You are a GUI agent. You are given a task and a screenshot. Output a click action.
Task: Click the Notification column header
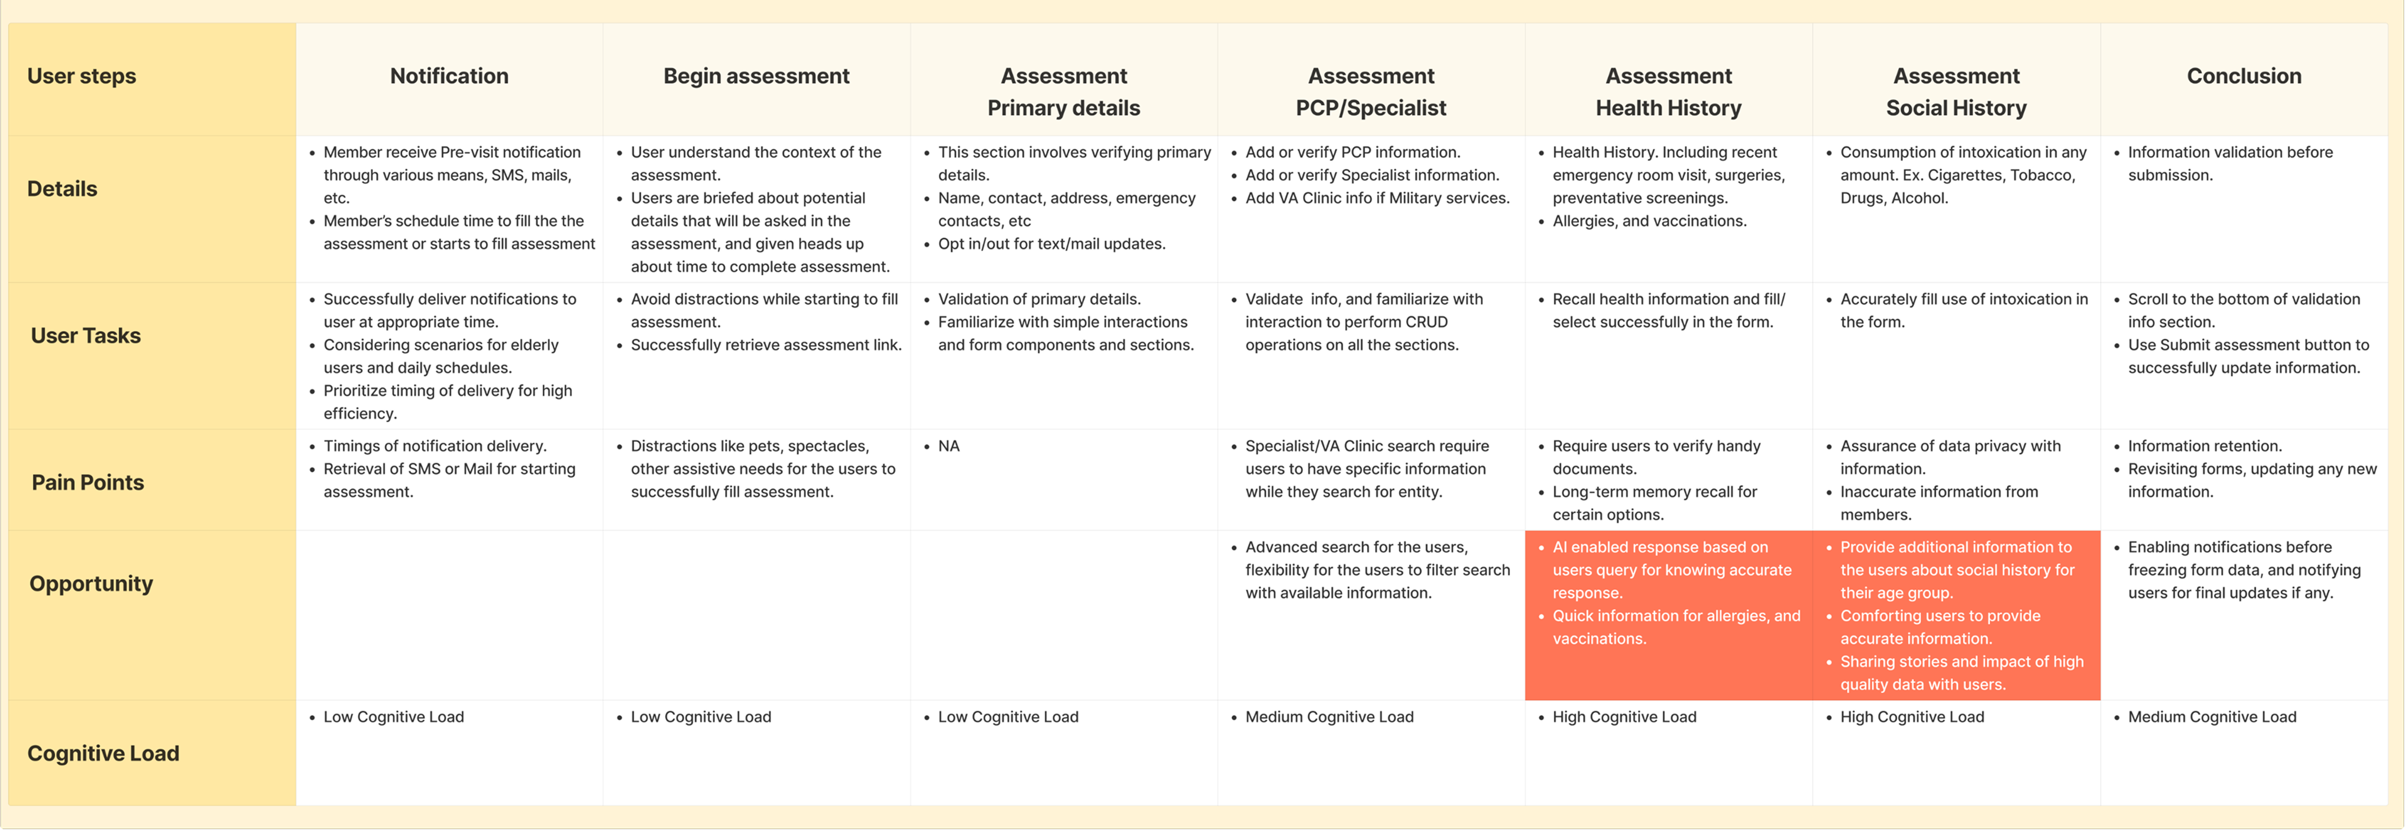(449, 76)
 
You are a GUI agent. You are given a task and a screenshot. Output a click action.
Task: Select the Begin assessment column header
(756, 76)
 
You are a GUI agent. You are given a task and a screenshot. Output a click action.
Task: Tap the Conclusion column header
(2244, 76)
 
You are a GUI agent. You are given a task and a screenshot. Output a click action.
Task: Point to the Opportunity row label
(90, 583)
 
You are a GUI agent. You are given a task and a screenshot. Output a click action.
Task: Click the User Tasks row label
(86, 336)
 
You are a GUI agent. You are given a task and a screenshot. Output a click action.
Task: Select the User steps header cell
(81, 76)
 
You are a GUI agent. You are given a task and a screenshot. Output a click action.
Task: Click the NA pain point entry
(949, 446)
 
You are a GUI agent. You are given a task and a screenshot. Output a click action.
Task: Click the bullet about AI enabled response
(1671, 570)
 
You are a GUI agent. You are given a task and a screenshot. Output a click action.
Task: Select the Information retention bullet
(2205, 446)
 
